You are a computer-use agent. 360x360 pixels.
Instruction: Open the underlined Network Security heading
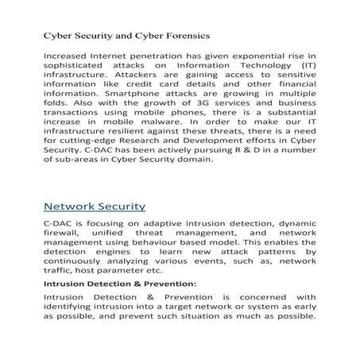(x=95, y=207)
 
